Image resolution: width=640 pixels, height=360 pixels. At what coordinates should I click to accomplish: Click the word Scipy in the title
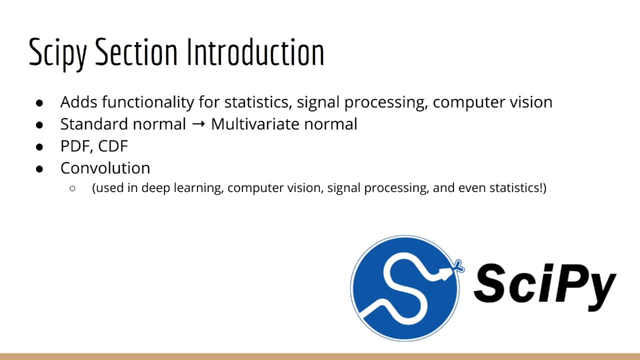pyautogui.click(x=57, y=52)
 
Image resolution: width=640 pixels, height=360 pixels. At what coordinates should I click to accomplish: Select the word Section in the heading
pyautogui.click(x=136, y=51)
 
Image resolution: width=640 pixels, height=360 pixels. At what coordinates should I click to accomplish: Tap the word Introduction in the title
pyautogui.click(x=255, y=51)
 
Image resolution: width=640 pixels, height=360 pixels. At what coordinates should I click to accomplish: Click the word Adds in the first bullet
pyautogui.click(x=79, y=102)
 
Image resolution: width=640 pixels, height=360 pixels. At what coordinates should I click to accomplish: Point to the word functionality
pyautogui.click(x=148, y=102)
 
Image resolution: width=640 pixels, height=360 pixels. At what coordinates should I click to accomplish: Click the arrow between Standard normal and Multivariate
pyautogui.click(x=198, y=124)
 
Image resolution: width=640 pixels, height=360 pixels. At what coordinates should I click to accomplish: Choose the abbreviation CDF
pyautogui.click(x=113, y=146)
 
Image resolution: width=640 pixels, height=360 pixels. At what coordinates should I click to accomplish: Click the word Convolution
pyautogui.click(x=105, y=168)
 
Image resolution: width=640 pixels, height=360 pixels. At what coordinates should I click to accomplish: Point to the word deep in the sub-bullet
pyautogui.click(x=156, y=188)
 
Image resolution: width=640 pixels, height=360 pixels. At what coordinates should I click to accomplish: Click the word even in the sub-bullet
pyautogui.click(x=472, y=188)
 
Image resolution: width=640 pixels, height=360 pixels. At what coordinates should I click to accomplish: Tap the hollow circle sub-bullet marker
pyautogui.click(x=73, y=188)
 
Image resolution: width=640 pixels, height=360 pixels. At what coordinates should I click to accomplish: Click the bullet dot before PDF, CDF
pyautogui.click(x=40, y=146)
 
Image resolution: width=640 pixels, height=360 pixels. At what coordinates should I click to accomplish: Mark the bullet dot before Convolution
pyautogui.click(x=40, y=168)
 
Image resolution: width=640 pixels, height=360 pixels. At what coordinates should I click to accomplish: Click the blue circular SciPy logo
pyautogui.click(x=405, y=288)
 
